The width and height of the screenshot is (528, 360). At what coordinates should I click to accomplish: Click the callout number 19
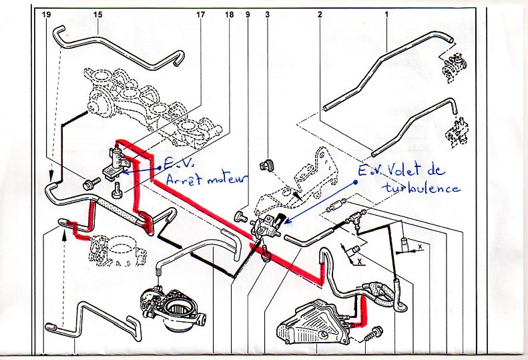[47, 15]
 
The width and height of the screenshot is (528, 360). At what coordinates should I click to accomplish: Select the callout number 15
[97, 15]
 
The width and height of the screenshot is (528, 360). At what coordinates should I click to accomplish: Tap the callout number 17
[200, 15]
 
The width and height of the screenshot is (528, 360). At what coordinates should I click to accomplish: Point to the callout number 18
[229, 15]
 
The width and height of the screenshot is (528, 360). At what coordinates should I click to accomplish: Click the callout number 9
[248, 15]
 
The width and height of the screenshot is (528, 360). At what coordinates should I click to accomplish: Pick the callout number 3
[268, 15]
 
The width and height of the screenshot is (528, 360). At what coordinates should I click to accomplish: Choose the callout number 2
[320, 15]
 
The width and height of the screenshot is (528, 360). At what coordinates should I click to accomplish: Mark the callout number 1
[386, 15]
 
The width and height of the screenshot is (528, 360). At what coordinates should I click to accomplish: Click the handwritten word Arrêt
[183, 180]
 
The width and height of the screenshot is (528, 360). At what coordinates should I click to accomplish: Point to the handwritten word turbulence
[421, 187]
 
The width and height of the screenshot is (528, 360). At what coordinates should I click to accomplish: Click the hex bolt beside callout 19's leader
[91, 183]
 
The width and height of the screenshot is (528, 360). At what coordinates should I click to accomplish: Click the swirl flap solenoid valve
[268, 225]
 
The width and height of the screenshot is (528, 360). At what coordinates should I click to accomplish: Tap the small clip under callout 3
[266, 166]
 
